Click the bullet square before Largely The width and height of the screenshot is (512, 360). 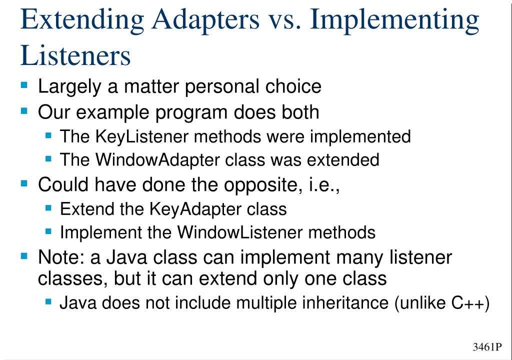point(24,85)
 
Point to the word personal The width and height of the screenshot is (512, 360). point(221,87)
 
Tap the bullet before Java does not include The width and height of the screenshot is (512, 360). point(48,301)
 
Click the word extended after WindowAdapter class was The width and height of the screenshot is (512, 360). point(343,160)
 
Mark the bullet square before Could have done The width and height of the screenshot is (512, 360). point(24,183)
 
